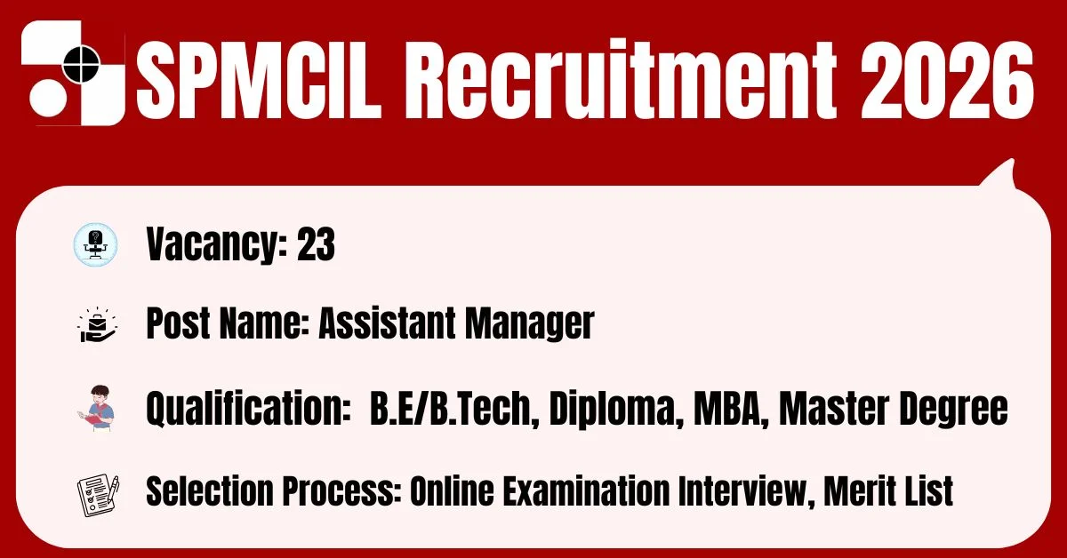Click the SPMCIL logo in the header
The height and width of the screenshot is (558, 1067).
click(x=73, y=73)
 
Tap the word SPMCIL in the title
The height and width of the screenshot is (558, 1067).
click(x=259, y=79)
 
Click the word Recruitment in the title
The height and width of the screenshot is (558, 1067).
click(x=621, y=77)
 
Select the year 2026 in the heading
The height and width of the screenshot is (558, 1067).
click(x=947, y=79)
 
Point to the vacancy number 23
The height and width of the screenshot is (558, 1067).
click(x=316, y=243)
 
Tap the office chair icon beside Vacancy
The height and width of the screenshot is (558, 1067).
click(x=96, y=244)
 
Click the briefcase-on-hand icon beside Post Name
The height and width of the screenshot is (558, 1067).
click(x=97, y=324)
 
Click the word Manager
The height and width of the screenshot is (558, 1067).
click(x=530, y=324)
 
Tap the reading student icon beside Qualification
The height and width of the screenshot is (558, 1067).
click(x=97, y=408)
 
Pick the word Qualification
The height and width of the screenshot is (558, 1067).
click(x=248, y=409)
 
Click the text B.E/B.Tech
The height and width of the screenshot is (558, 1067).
click(x=454, y=408)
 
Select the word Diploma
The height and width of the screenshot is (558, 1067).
click(x=617, y=410)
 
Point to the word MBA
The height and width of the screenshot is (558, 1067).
click(x=731, y=408)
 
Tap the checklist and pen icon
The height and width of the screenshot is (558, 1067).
click(x=98, y=495)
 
